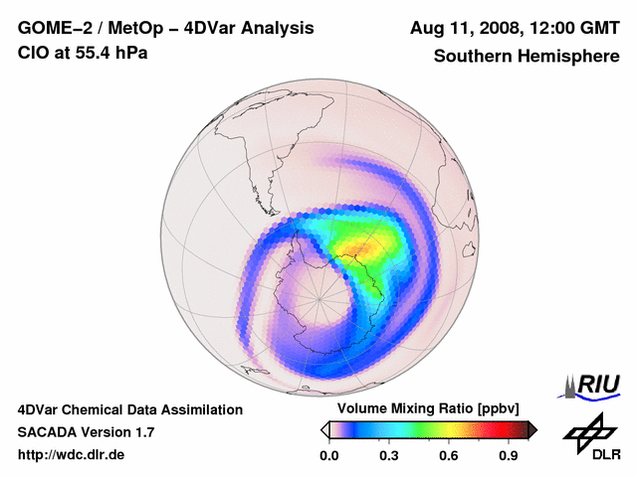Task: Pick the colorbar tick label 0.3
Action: [389, 455]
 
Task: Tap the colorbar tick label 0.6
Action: [449, 455]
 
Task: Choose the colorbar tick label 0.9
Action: [509, 455]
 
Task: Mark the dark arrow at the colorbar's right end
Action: [532, 429]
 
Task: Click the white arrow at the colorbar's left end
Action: [324, 429]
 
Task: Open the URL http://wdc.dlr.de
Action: [72, 455]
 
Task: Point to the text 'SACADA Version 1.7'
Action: [86, 432]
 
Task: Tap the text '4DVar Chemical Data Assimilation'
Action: [130, 409]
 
